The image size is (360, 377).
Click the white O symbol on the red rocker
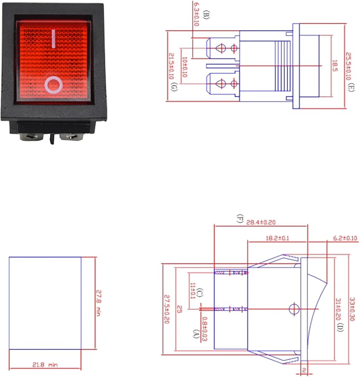pos(53,84)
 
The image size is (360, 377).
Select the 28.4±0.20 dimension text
pos(262,222)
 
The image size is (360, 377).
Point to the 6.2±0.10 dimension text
pos(345,238)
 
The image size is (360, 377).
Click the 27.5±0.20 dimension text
pos(167,309)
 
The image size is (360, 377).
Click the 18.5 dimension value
pos(334,66)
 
